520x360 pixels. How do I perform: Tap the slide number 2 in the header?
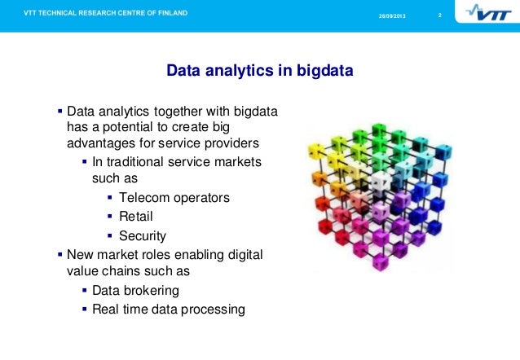[440, 16]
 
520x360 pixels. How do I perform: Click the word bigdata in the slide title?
[322, 72]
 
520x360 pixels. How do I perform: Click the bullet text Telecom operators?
[174, 198]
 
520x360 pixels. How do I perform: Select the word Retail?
[136, 217]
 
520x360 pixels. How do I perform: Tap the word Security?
[143, 236]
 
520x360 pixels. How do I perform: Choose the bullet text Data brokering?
[135, 290]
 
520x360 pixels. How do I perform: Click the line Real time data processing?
[168, 309]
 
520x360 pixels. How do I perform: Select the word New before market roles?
[81, 255]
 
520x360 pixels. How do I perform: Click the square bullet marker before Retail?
[110, 217]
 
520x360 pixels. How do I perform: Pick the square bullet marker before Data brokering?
[85, 290]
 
